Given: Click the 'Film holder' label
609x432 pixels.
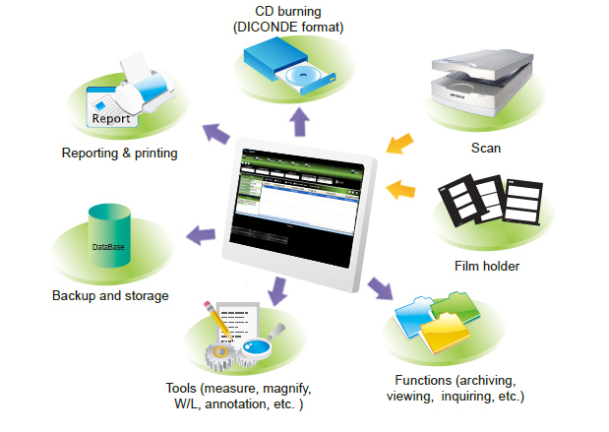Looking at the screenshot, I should click(487, 266).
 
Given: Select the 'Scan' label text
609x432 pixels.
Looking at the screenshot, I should click(486, 149).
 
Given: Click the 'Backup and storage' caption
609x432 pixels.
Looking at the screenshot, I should click(110, 295).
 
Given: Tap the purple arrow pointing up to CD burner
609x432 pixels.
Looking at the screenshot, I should click(298, 122).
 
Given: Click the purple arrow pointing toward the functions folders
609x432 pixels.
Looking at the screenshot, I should click(380, 287).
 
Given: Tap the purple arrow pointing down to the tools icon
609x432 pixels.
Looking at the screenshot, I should click(277, 290).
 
